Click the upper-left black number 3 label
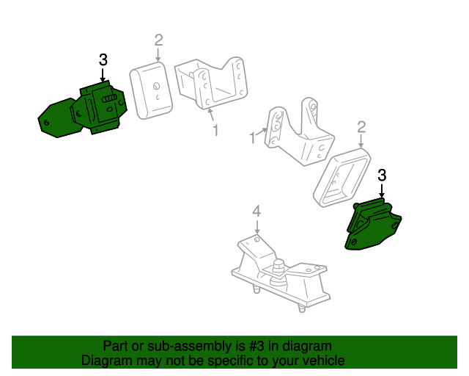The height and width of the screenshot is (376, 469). pyautogui.click(x=103, y=59)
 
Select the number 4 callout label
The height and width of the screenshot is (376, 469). pyautogui.click(x=256, y=211)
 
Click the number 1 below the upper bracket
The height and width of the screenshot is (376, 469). pyautogui.click(x=215, y=131)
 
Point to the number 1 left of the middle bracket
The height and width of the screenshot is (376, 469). pyautogui.click(x=253, y=137)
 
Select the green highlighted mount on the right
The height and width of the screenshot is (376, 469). pyautogui.click(x=373, y=224)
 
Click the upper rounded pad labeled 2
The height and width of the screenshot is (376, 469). pyautogui.click(x=152, y=90)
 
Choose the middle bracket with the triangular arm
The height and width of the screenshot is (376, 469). pyautogui.click(x=300, y=132)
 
